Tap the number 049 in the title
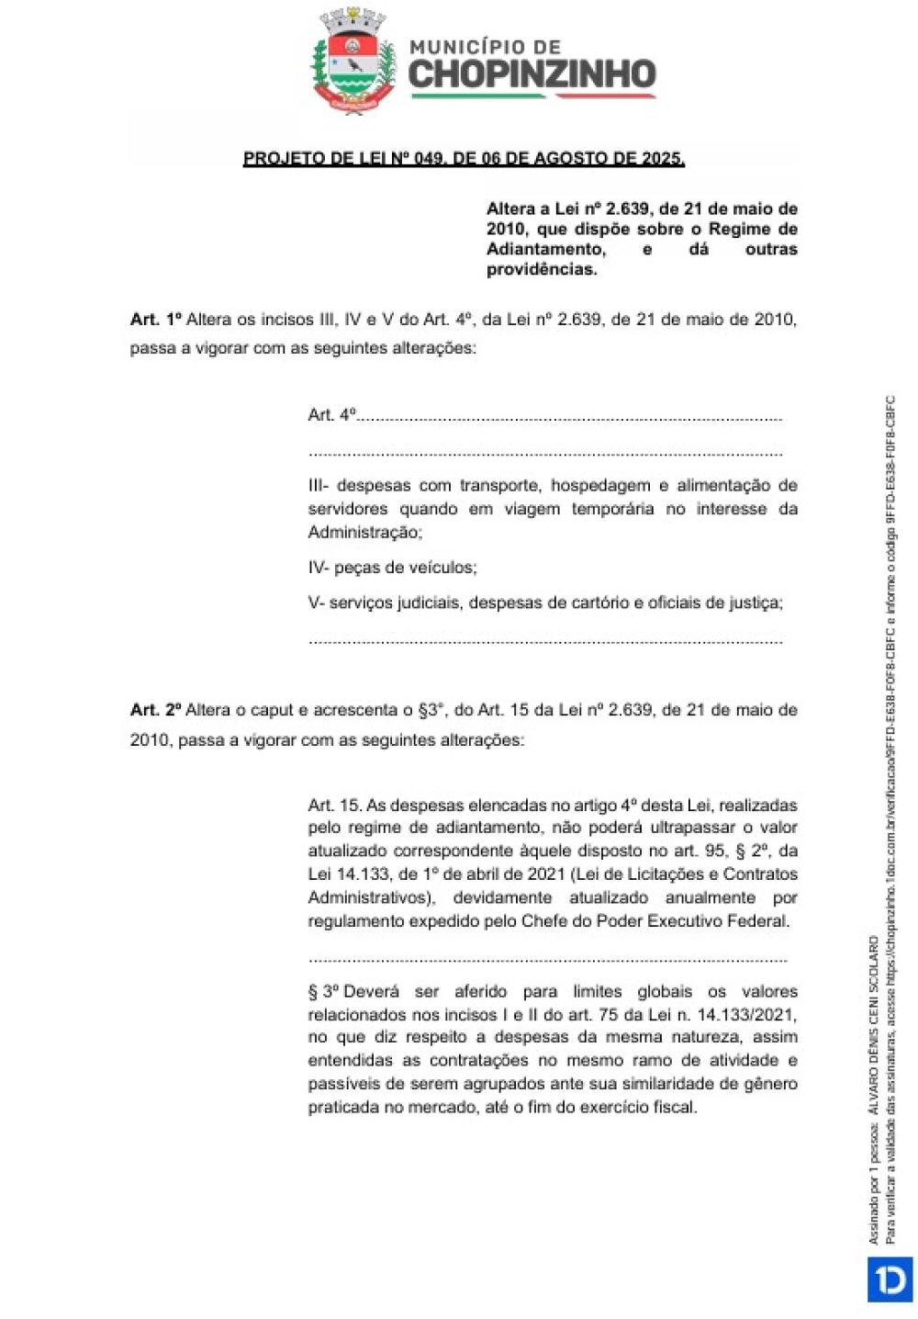430,158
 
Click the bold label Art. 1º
156,320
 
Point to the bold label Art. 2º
156,710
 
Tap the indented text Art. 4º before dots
331,415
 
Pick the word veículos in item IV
443,568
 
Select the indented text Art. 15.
334,806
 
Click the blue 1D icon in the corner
889,1279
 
